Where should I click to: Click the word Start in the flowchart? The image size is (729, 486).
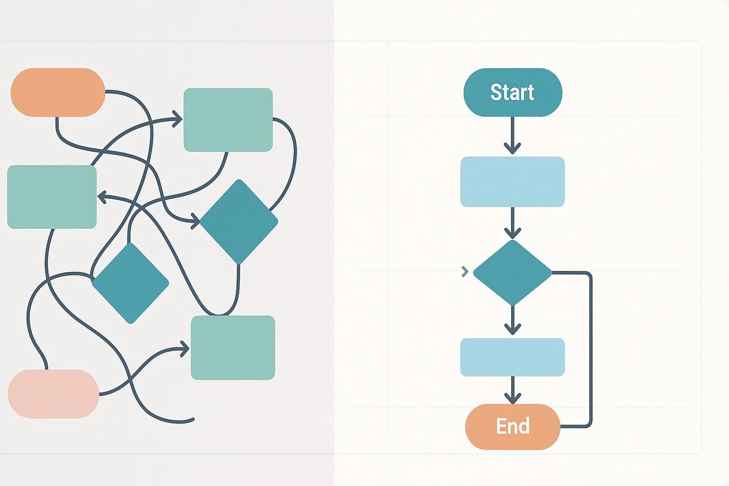click(x=512, y=92)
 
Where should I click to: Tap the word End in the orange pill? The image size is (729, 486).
click(x=513, y=426)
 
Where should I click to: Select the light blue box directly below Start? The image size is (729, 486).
click(x=513, y=182)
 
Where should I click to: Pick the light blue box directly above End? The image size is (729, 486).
click(x=513, y=357)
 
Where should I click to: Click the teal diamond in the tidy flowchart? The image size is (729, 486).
click(x=513, y=273)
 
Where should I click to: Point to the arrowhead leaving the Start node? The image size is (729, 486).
click(x=513, y=148)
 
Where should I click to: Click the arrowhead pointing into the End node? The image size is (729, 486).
click(x=513, y=398)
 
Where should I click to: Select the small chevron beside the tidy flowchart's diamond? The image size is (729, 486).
click(x=465, y=271)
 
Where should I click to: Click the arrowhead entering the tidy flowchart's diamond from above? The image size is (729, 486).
click(x=513, y=233)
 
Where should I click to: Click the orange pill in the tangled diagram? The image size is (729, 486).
click(x=57, y=92)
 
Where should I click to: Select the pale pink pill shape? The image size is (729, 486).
click(x=53, y=394)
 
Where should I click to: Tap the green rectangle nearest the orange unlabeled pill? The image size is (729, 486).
click(x=52, y=197)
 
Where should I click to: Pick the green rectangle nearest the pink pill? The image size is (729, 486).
click(x=233, y=347)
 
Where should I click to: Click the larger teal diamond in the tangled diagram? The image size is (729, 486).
click(x=239, y=222)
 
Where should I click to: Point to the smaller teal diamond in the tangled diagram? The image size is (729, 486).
click(x=131, y=283)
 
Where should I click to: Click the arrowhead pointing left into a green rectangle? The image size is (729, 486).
click(x=102, y=196)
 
